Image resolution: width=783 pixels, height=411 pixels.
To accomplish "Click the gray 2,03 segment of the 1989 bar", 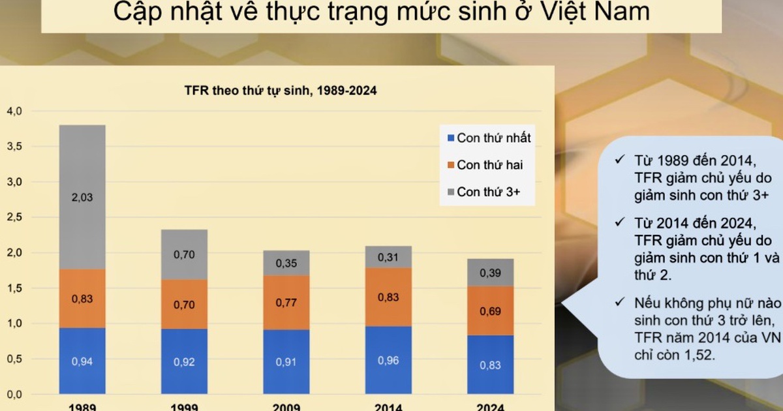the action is (82, 197).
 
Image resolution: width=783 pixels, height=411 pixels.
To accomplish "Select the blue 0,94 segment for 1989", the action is (82, 361).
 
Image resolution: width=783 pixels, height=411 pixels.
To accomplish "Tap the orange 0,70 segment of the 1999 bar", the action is (184, 304).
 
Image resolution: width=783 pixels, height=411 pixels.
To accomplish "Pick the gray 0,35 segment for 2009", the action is (286, 263).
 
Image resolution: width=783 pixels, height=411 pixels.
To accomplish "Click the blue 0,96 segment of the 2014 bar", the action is (388, 360).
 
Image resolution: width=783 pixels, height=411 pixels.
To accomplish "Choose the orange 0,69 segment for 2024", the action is (491, 311).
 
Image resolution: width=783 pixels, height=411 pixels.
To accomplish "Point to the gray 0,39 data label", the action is (491, 273).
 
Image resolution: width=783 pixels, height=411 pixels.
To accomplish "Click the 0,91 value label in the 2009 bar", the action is (286, 361).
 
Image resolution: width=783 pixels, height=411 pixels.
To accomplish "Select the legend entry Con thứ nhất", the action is (489, 138).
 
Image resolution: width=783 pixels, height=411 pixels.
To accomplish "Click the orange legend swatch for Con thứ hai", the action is (451, 165).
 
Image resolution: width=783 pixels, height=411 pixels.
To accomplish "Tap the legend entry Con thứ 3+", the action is (484, 192).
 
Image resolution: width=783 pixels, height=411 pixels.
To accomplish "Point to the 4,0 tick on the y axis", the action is (14, 111).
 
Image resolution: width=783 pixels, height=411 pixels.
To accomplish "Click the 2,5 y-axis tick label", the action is (14, 217).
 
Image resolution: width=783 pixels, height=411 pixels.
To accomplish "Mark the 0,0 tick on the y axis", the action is (14, 395).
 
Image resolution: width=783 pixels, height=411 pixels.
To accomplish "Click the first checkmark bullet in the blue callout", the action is (620, 159).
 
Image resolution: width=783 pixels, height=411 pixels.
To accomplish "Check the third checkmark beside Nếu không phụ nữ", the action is (620, 301).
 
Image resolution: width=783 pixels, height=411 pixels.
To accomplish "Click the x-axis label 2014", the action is (388, 407).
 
